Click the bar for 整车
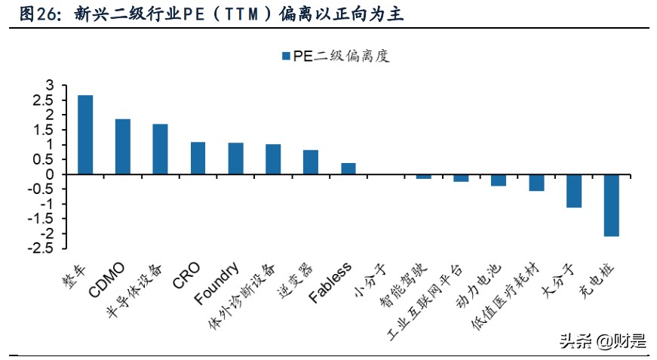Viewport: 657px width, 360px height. pos(85,134)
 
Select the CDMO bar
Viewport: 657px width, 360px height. pos(123,146)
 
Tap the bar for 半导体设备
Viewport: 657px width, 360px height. pos(160,149)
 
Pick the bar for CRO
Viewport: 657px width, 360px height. pos(198,158)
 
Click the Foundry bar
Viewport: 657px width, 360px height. pos(235,158)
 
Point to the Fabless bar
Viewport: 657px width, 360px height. pos(348,168)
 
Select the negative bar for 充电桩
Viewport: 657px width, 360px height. pos(611,205)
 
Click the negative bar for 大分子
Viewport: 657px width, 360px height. pos(573,191)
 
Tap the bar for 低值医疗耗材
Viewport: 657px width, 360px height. pos(536,183)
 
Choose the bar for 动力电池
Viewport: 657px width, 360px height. pos(499,180)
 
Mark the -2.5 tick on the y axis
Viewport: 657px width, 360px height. pos(43,249)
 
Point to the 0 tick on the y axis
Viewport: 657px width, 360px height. pos(51,174)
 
